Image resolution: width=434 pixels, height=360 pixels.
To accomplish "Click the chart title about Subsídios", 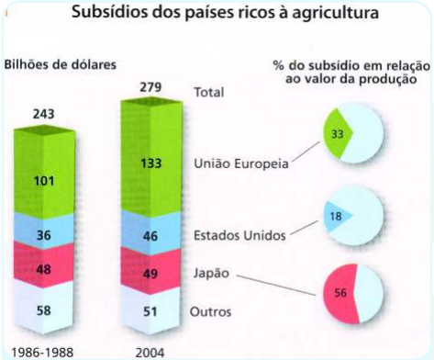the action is click(x=225, y=13).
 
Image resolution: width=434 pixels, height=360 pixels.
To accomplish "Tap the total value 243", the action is click(x=44, y=114).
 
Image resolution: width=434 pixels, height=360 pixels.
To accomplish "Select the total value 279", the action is click(x=150, y=87).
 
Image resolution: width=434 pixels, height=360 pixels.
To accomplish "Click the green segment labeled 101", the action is click(x=44, y=173).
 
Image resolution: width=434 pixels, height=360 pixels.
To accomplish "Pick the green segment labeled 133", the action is click(x=151, y=156).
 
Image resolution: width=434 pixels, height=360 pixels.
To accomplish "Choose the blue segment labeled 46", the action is click(x=151, y=232).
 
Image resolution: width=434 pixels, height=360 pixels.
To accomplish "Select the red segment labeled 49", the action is click(x=150, y=271).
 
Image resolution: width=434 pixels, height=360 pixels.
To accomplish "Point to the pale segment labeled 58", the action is click(x=44, y=307).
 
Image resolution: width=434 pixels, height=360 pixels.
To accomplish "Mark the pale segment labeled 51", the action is click(x=150, y=309).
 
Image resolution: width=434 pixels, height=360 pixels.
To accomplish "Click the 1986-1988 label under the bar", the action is click(x=42, y=353).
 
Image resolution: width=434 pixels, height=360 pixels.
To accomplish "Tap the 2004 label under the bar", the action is click(x=150, y=353).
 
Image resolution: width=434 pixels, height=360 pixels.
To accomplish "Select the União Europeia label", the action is click(x=241, y=163).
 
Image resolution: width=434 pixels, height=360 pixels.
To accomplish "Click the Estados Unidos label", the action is click(x=239, y=235).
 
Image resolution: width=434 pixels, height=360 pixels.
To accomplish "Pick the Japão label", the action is click(x=211, y=273).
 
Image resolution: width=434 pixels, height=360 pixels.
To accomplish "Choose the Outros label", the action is click(x=210, y=312).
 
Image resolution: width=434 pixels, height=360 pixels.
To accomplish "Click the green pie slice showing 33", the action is click(x=338, y=133).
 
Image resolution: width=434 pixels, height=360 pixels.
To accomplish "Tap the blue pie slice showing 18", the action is click(x=337, y=216).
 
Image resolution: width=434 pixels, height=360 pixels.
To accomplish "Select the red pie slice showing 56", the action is click(x=340, y=293).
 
